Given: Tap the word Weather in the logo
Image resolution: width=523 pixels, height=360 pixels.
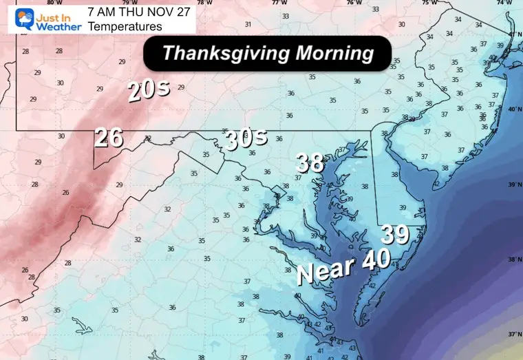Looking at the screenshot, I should click(63, 26).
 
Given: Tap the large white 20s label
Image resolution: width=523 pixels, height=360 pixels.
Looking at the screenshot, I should click(146, 91).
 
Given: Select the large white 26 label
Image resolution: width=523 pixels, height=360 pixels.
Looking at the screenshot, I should click(109, 138).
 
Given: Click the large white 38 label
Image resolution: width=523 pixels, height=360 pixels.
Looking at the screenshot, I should click(310, 162).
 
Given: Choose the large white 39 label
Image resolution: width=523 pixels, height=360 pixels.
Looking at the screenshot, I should click(396, 235).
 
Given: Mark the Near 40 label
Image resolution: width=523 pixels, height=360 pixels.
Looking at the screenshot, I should click(343, 265).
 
